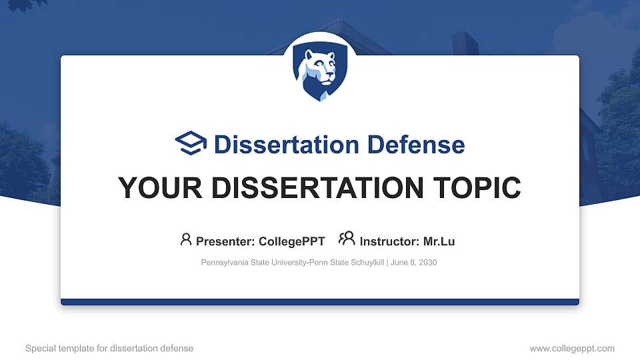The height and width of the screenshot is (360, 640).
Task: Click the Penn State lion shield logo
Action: pos(320,73)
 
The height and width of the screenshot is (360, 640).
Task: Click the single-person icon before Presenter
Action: pos(186,239)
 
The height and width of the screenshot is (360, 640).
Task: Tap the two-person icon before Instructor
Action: pos(347,239)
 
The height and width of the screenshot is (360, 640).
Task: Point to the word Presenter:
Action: pos(224,241)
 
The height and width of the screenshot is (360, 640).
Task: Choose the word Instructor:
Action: pos(389,241)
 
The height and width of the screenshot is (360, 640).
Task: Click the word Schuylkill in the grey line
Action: pos(365,263)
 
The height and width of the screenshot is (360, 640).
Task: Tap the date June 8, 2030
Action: pos(413,263)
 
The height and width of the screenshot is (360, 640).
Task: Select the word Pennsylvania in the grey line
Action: pos(224,263)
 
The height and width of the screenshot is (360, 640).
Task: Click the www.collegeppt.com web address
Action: pos(572,348)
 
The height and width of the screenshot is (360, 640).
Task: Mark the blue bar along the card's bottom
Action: pos(320,302)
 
